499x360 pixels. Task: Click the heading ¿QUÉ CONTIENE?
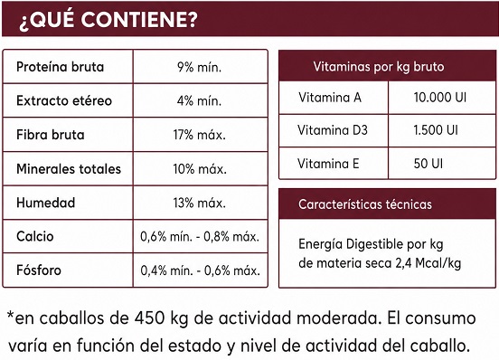pos(108,20)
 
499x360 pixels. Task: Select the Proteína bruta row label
pos(61,67)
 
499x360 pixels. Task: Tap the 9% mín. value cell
pos(199,67)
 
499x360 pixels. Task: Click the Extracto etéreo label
pos(64,100)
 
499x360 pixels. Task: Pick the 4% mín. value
pos(199,101)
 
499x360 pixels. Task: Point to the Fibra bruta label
pos(51,135)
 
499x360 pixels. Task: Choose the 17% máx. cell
pos(200,135)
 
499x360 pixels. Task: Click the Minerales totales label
pos(69,169)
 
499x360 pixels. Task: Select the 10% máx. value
pos(200,169)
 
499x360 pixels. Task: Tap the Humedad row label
pos(45,203)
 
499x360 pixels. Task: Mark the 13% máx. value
pos(200,203)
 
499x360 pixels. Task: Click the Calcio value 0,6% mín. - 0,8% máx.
pos(200,236)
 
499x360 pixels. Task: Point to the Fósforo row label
pos(39,270)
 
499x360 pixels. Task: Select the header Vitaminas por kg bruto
pos(379,67)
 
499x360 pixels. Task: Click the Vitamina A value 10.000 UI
pos(440,97)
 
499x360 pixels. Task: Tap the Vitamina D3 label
pos(333,130)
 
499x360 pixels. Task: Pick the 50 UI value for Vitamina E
pos(428,164)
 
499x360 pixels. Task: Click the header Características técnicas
pos(365,204)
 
